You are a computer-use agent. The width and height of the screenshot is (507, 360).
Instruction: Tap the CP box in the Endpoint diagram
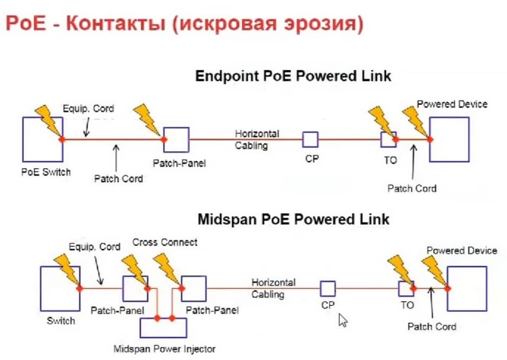click(x=310, y=139)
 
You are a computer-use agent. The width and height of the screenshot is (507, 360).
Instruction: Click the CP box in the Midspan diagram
click(x=327, y=289)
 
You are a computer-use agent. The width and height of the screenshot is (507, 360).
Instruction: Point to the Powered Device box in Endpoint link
click(x=449, y=139)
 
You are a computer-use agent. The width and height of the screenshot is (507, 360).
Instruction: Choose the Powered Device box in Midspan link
click(x=467, y=289)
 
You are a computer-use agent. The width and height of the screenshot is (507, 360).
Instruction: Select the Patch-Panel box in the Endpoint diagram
click(x=176, y=139)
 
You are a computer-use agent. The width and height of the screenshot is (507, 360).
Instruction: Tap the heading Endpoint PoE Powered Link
click(x=293, y=76)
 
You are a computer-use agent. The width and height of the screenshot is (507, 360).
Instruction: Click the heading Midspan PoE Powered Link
click(x=293, y=220)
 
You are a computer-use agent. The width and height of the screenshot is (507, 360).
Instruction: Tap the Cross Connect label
click(x=165, y=242)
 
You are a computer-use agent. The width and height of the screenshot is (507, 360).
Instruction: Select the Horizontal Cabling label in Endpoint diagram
click(x=257, y=139)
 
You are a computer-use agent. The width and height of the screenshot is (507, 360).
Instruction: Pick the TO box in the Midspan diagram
click(x=406, y=289)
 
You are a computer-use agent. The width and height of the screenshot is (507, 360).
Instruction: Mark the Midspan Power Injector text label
click(x=164, y=349)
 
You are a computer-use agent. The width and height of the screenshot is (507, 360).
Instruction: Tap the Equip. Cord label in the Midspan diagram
click(x=95, y=247)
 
